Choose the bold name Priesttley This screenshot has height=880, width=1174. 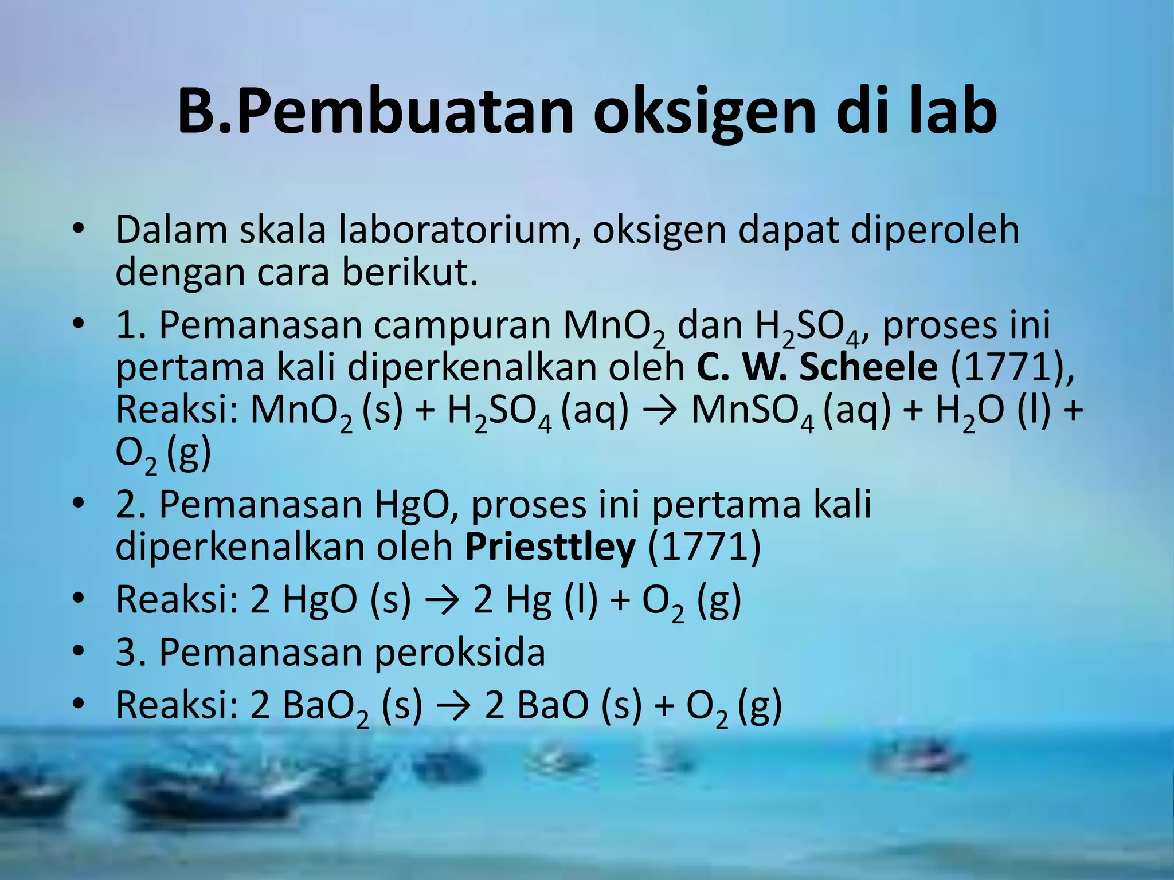(x=550, y=547)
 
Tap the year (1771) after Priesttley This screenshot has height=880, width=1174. (x=705, y=547)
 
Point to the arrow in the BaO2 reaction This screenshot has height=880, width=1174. (x=453, y=706)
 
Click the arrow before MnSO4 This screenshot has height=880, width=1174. (x=660, y=411)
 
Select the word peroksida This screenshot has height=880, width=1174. (x=459, y=653)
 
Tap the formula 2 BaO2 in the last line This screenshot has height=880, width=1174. (x=310, y=706)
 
